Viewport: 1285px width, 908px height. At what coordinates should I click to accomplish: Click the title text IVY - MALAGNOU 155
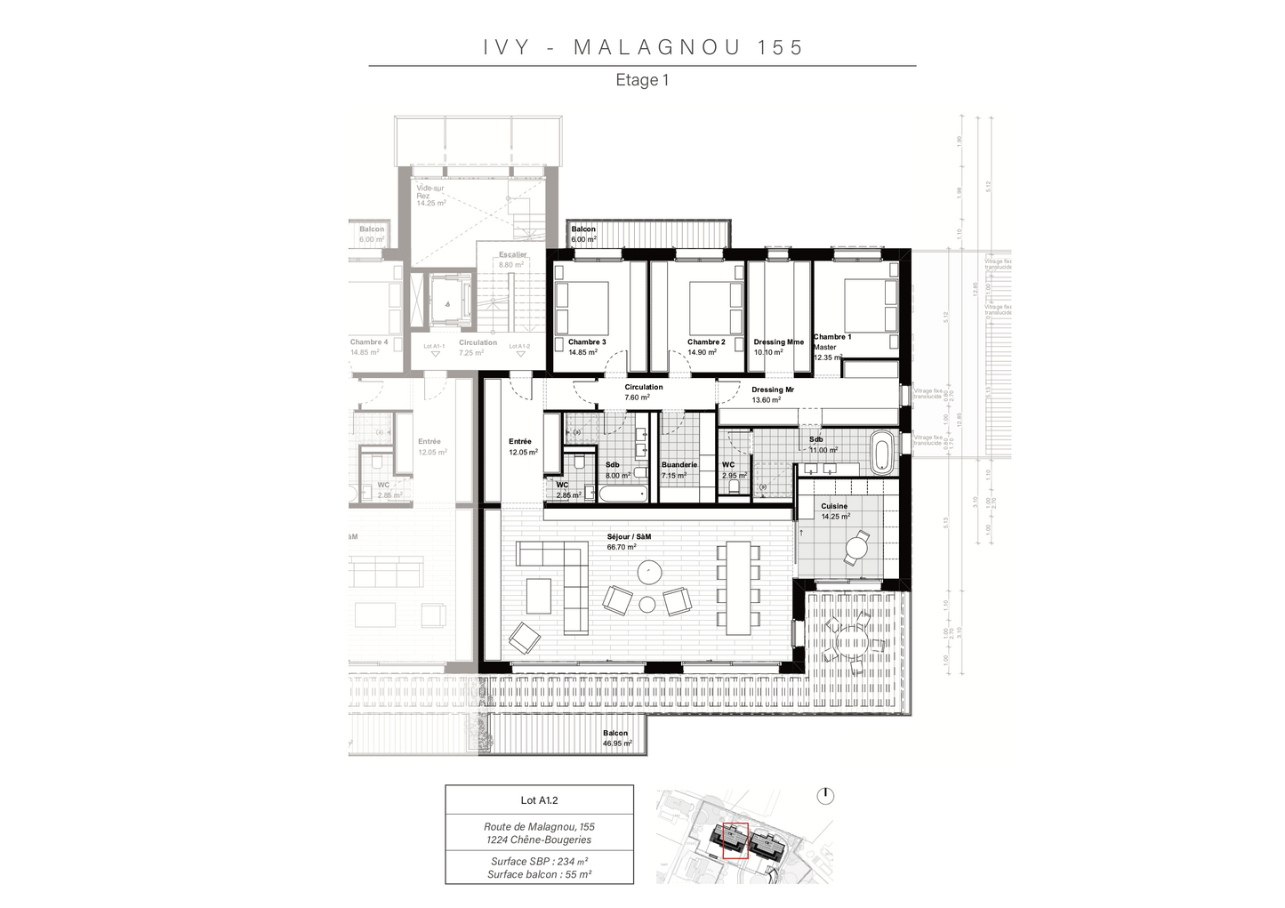tap(643, 47)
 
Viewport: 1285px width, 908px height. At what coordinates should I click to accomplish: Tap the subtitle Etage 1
tap(642, 80)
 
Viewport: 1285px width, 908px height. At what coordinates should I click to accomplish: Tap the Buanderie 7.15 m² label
tap(679, 470)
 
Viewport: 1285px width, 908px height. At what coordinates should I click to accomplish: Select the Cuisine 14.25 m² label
tap(835, 510)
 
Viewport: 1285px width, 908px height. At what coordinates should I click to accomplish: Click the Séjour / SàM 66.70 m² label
tap(628, 542)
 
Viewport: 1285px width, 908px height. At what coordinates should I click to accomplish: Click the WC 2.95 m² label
tap(733, 470)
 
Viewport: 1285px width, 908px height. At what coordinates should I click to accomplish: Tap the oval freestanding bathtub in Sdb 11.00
tap(881, 452)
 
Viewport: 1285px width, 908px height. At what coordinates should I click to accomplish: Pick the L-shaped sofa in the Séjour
tap(551, 569)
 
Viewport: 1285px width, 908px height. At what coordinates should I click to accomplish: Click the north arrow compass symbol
tap(824, 795)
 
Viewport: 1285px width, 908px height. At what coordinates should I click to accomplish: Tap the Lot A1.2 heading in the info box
tap(539, 800)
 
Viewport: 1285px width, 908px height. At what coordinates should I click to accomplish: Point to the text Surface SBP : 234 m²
tap(539, 861)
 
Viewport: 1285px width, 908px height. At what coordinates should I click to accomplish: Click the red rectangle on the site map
tap(735, 840)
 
